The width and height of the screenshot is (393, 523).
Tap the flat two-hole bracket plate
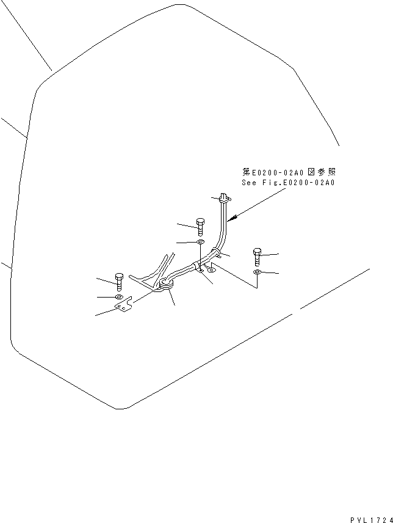point(125,307)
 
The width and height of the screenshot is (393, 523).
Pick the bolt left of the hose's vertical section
point(200,225)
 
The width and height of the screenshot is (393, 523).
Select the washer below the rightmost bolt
point(258,272)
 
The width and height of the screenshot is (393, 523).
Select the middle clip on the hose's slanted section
point(197,266)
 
